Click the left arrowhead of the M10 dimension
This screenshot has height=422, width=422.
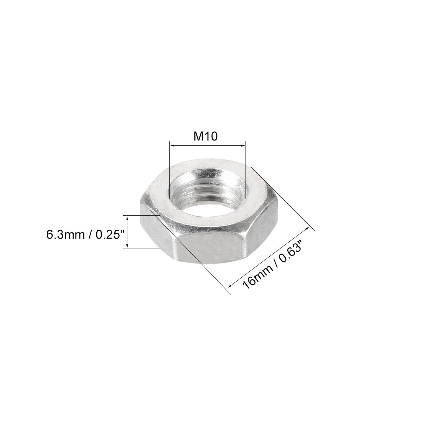[x=172, y=145]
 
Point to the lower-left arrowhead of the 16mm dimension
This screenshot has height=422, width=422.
[x=231, y=285]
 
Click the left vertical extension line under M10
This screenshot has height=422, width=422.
[x=169, y=169]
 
